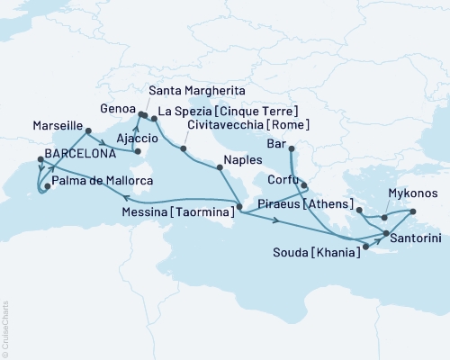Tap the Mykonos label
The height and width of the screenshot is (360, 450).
[x=413, y=193]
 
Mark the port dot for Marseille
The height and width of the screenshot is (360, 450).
[x=88, y=131]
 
